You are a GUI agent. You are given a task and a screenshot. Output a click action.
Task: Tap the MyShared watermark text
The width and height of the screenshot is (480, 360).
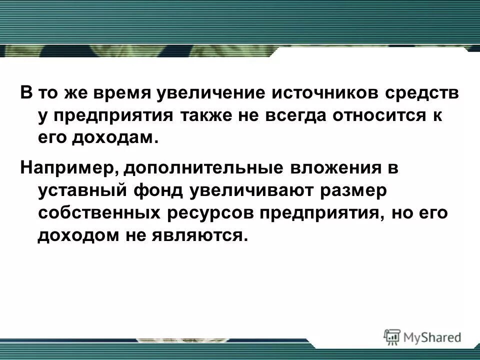[433, 337]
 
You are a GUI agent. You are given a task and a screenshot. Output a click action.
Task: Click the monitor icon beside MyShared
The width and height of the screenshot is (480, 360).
[393, 337]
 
